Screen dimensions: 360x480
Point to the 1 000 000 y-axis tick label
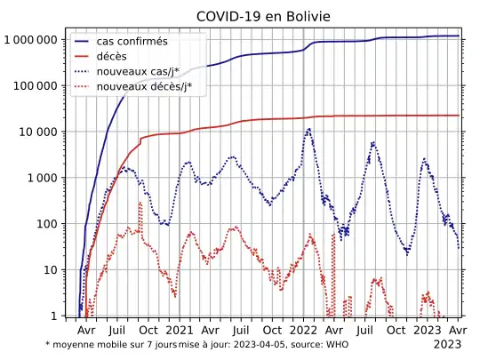(31, 40)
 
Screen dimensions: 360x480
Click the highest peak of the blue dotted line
(308, 129)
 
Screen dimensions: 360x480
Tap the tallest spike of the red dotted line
(140, 203)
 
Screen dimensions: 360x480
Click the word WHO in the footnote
(337, 344)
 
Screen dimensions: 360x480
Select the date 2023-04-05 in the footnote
(259, 344)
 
